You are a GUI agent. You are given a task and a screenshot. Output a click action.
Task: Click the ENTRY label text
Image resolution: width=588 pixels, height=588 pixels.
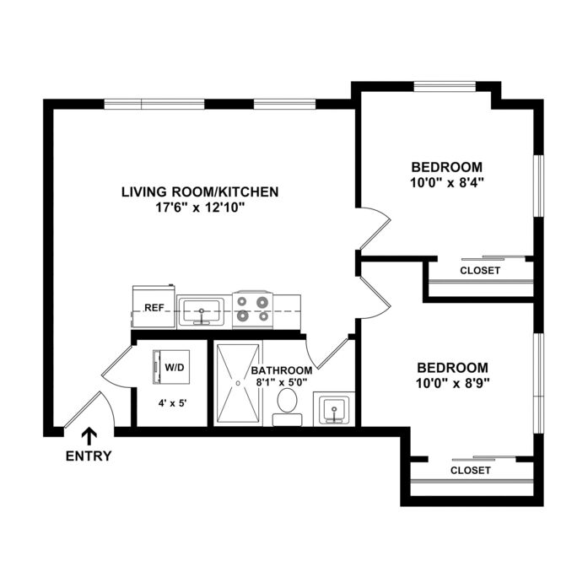click(89, 456)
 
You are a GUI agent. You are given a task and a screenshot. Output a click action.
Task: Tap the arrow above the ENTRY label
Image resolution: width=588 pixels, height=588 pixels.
click(89, 437)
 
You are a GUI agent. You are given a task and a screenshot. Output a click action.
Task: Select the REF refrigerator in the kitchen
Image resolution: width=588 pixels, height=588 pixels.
click(154, 307)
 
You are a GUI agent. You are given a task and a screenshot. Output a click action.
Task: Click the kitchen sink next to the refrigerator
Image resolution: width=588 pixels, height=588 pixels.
click(202, 311)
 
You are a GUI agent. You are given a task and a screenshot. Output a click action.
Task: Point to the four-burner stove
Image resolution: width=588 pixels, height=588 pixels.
click(253, 310)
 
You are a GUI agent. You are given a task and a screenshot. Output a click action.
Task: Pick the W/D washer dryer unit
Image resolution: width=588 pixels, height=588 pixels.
click(171, 367)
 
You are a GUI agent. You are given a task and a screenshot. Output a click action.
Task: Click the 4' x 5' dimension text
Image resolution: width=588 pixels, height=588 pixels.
click(173, 403)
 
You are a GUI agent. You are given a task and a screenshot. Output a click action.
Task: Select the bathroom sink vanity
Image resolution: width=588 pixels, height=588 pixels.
click(334, 409)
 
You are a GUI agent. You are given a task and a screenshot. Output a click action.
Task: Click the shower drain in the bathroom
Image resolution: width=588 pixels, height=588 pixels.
click(238, 383)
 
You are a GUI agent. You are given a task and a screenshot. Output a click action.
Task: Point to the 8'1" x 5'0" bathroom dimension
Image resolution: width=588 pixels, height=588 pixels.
click(282, 382)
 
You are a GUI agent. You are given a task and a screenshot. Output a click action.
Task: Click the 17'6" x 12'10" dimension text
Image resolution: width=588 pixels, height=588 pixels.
click(200, 208)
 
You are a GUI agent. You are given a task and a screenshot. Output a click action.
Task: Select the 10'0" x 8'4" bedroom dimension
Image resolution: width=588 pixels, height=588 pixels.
click(447, 182)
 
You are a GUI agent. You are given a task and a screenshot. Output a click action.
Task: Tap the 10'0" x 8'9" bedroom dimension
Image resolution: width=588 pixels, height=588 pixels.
click(453, 383)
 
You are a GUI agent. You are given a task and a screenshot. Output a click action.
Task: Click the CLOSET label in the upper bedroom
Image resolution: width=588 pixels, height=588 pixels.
click(480, 270)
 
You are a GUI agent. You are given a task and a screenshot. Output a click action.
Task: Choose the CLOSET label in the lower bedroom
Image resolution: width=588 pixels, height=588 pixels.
click(471, 470)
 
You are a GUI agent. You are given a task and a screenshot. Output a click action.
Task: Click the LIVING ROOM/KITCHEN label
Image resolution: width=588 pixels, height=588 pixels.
click(200, 192)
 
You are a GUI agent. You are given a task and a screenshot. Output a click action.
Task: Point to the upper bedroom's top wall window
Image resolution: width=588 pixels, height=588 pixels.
click(445, 87)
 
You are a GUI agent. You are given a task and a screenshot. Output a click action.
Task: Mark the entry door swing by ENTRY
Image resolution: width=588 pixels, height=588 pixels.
click(90, 410)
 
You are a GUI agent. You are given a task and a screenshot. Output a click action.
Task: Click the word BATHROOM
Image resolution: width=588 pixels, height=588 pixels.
click(282, 370)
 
